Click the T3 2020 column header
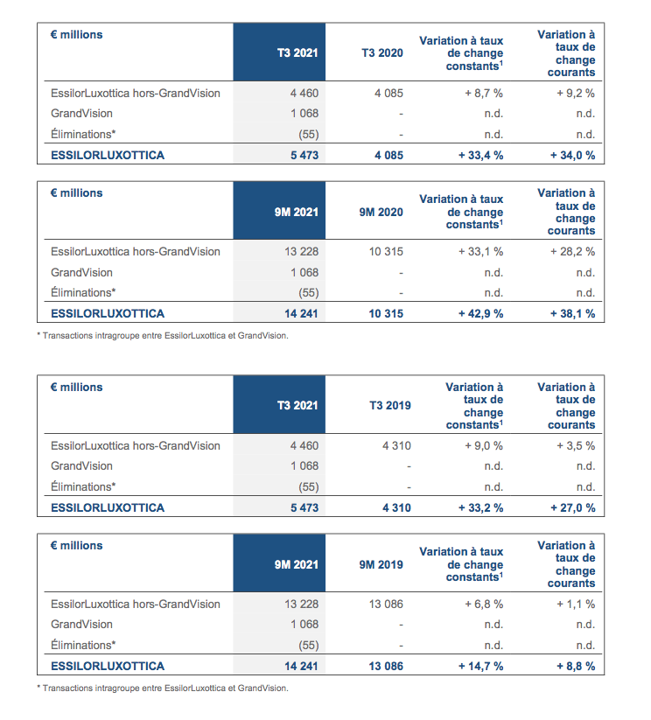pyautogui.click(x=382, y=52)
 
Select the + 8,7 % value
pyautogui.click(x=484, y=94)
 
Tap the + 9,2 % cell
pyautogui.click(x=576, y=94)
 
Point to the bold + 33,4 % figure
pyautogui.click(x=480, y=155)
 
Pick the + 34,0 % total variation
pyautogui.click(x=573, y=155)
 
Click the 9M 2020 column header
pyautogui.click(x=381, y=212)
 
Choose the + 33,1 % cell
pyautogui.click(x=480, y=252)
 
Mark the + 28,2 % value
pyautogui.click(x=573, y=252)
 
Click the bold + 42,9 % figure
pyautogui.click(x=480, y=313)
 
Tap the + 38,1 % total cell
pyautogui.click(x=573, y=313)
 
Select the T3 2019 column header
pyautogui.click(x=390, y=405)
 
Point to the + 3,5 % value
pyautogui.click(x=576, y=446)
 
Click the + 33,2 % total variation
pyautogui.click(x=480, y=508)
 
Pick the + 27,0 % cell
pyautogui.click(x=573, y=508)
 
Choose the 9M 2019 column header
pyautogui.click(x=381, y=565)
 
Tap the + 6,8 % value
pyautogui.click(x=484, y=605)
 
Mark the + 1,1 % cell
pyautogui.click(x=576, y=605)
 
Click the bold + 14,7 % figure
pyautogui.click(x=480, y=667)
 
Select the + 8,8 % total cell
pyautogui.click(x=576, y=667)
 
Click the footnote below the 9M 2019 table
pyautogui.click(x=163, y=689)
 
